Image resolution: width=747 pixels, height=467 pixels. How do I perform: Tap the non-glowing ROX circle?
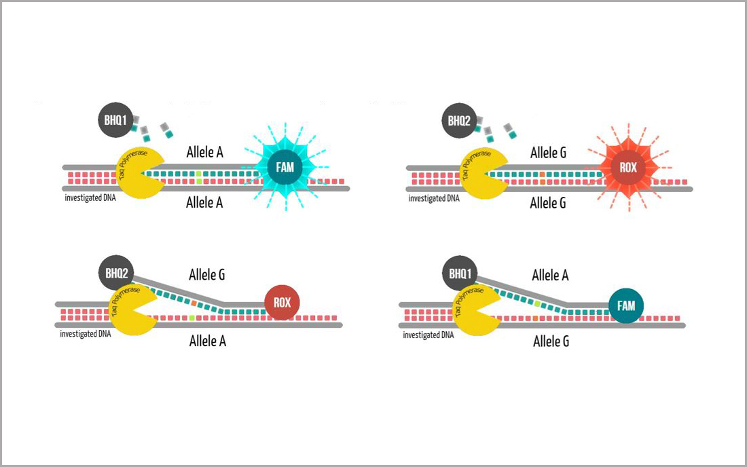[x=282, y=303]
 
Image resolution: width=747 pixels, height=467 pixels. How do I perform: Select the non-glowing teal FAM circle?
[x=626, y=306]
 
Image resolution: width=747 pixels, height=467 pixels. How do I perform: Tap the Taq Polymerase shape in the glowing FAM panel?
[x=139, y=173]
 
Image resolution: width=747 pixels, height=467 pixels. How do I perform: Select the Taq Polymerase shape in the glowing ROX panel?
[x=482, y=173]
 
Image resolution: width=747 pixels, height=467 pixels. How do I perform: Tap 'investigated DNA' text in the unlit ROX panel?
[x=85, y=334]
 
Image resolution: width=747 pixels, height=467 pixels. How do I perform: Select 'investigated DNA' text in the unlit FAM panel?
[x=428, y=335]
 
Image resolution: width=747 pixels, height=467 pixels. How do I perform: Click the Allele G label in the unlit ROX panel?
[x=206, y=275]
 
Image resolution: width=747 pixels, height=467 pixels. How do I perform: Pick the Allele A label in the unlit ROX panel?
[x=207, y=341]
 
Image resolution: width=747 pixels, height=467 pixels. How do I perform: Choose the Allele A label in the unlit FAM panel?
[x=550, y=275]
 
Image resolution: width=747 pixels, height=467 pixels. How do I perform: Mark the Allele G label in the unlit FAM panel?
[x=551, y=341]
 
